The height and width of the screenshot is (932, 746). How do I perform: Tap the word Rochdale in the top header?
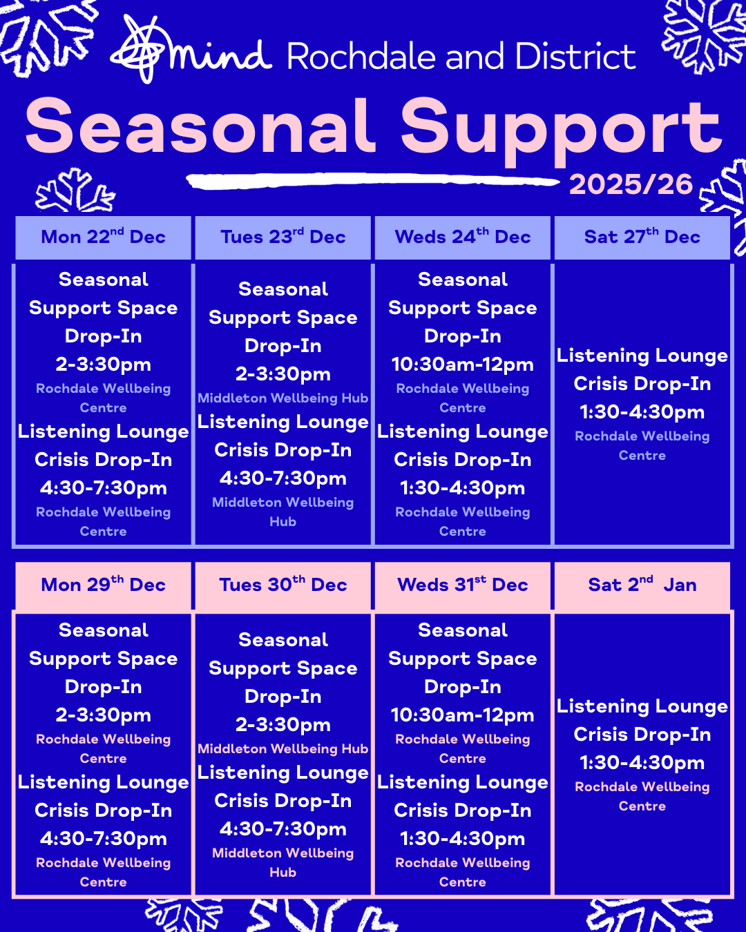(x=361, y=57)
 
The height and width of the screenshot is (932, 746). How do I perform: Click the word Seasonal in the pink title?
(x=200, y=126)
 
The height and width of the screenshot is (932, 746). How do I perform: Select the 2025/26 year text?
(x=631, y=184)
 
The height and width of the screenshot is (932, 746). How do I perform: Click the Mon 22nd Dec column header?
(x=103, y=237)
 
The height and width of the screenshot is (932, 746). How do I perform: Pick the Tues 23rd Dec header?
(x=283, y=237)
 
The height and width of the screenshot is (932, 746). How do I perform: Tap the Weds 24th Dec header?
(x=463, y=237)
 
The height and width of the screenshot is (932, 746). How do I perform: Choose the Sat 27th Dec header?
(x=642, y=237)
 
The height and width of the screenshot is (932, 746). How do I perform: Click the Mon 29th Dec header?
(x=103, y=585)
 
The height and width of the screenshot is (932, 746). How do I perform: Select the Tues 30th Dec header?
(x=283, y=585)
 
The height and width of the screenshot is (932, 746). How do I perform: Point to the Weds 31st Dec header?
(x=463, y=585)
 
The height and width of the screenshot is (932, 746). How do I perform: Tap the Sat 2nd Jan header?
(x=642, y=585)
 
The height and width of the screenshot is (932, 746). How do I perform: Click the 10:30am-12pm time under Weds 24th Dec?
(x=463, y=365)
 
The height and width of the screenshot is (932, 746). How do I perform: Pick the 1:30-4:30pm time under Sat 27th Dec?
(x=642, y=412)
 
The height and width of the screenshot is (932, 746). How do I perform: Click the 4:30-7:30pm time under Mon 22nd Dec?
(x=103, y=488)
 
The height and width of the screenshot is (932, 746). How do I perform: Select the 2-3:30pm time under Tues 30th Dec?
(x=283, y=725)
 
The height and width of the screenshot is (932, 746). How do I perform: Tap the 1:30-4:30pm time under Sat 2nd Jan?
(x=642, y=763)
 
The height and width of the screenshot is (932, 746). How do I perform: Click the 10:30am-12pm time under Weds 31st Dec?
(x=463, y=715)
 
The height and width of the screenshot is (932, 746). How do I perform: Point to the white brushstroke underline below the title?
(x=373, y=181)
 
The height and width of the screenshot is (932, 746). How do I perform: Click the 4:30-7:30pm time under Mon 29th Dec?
(x=103, y=839)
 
